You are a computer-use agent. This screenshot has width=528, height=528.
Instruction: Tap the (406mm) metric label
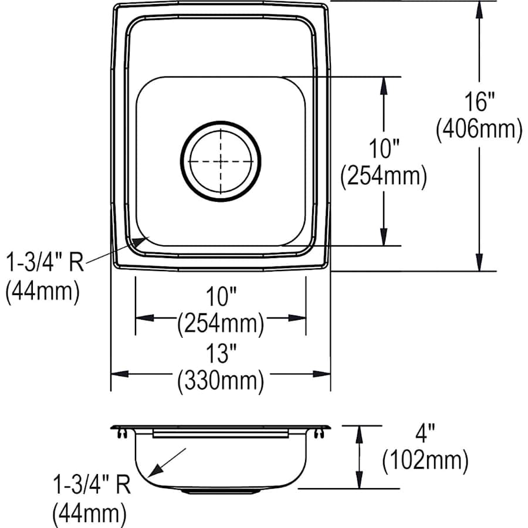(479, 130)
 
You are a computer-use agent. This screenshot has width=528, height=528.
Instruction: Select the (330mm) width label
(221, 381)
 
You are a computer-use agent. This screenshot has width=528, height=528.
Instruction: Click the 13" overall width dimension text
(221, 355)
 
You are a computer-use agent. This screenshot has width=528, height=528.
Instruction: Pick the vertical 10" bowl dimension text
(384, 148)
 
